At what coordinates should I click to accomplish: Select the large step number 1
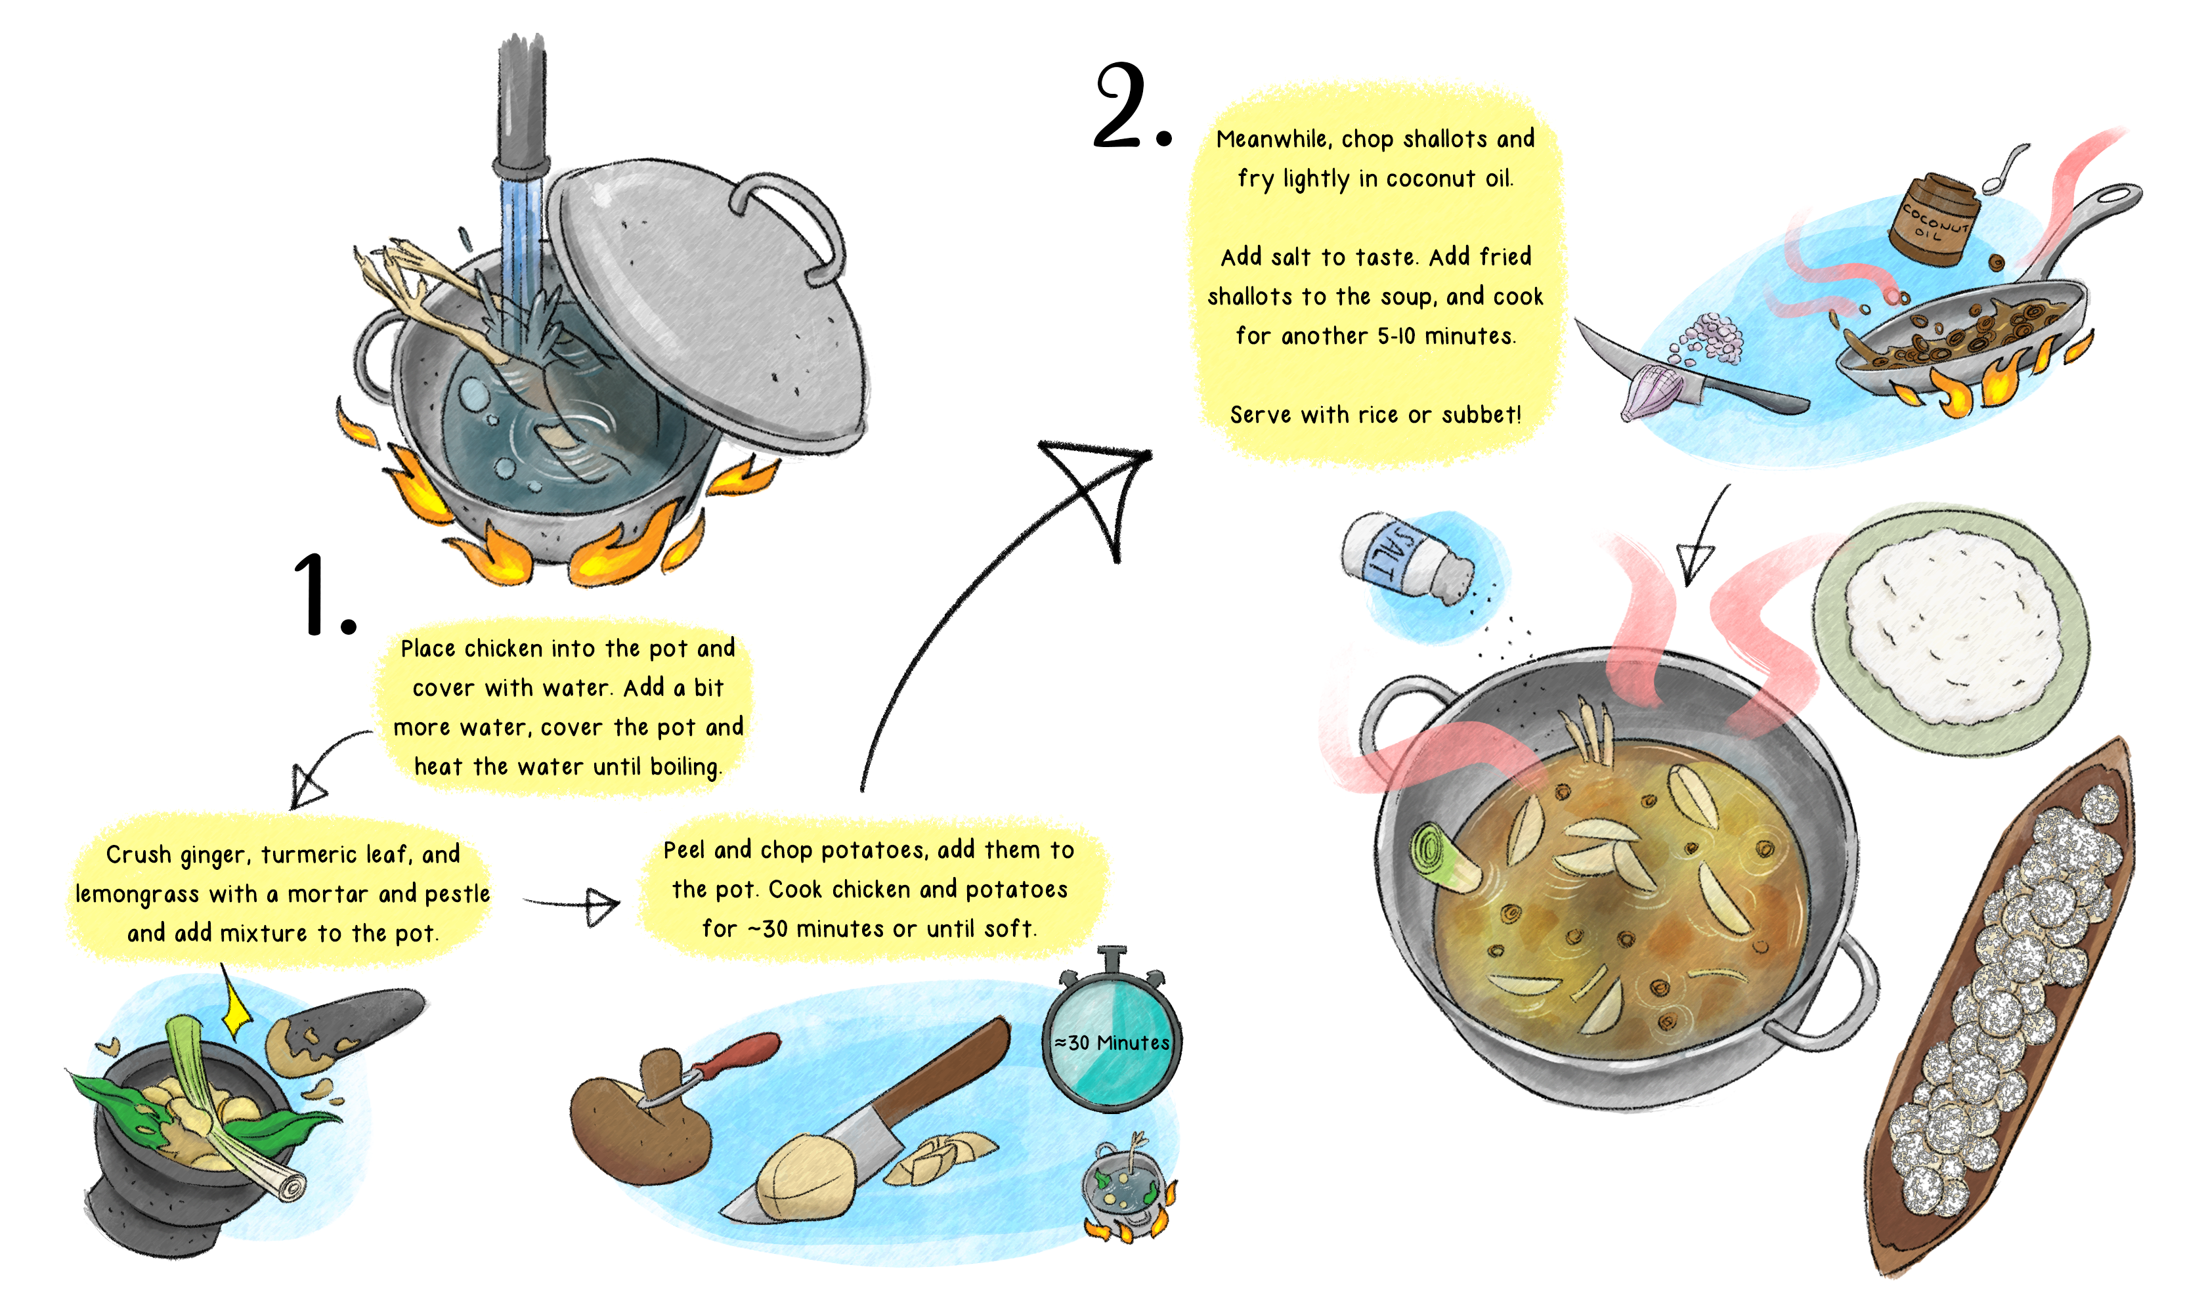(323, 595)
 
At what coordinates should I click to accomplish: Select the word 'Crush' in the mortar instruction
(138, 855)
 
